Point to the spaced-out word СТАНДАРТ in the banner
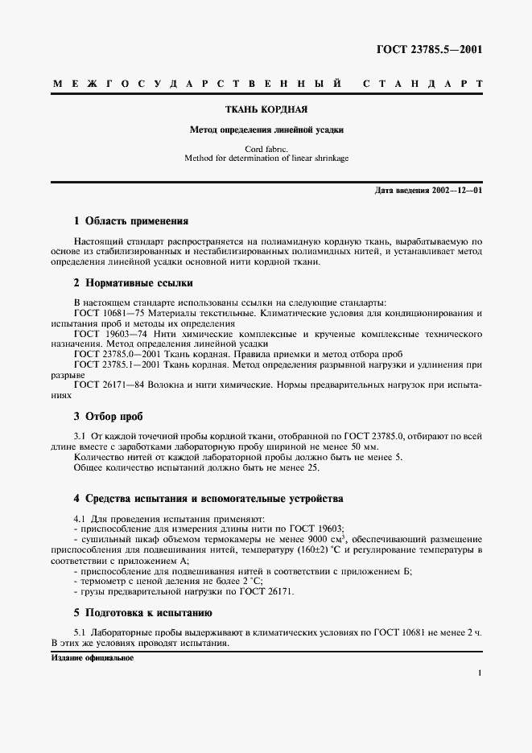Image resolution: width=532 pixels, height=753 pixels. (423, 84)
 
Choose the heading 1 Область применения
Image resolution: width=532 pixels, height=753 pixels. (130, 220)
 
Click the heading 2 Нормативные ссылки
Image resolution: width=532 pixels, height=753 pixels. (133, 282)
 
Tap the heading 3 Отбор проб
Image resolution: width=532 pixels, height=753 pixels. (108, 416)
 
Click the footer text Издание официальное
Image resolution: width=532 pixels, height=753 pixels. (91, 658)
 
